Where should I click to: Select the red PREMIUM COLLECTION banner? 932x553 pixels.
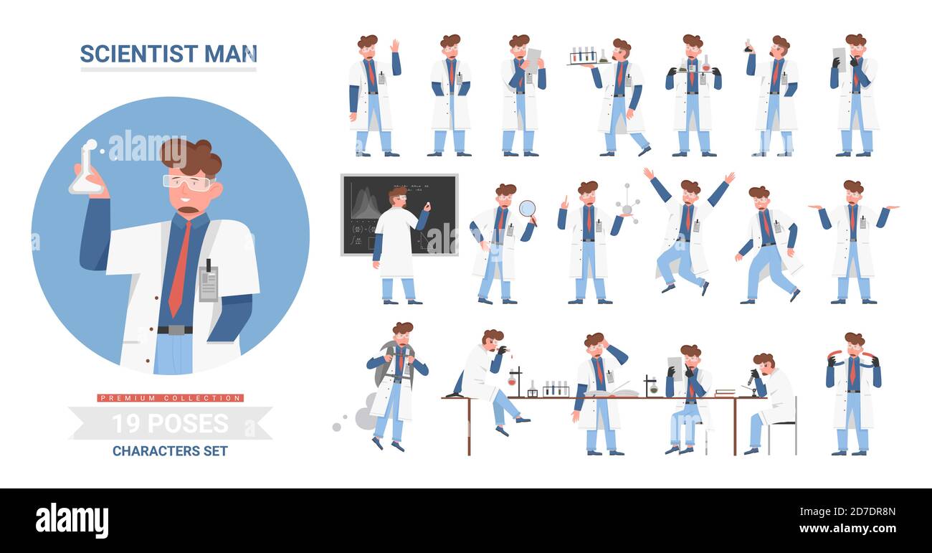tap(170, 398)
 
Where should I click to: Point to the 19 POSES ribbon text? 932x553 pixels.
tap(170, 424)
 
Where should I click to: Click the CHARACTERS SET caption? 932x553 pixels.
tap(170, 451)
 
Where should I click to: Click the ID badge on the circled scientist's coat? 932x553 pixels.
tap(208, 283)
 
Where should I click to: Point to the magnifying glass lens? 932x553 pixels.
tap(528, 208)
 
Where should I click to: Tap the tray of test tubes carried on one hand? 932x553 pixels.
tap(584, 57)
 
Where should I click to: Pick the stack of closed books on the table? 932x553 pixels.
tap(724, 392)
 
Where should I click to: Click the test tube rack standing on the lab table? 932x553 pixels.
tap(556, 389)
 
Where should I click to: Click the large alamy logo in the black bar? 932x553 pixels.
tap(72, 520)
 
